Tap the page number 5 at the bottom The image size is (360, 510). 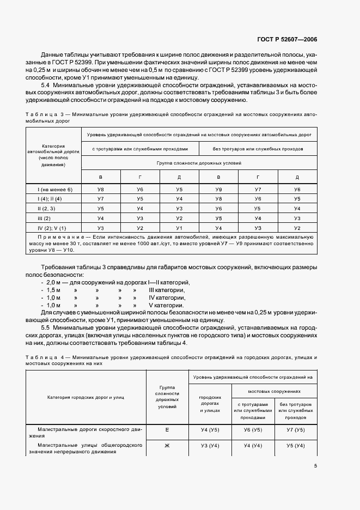[316, 466]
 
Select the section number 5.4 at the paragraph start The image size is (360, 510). [46, 86]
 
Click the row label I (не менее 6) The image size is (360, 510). [54, 189]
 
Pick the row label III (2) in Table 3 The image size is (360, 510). [54, 218]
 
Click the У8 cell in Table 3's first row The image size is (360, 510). [100, 189]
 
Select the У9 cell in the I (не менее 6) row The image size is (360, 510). [218, 189]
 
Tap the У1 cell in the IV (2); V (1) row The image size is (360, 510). [179, 228]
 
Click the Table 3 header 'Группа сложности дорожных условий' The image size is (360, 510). [199, 163]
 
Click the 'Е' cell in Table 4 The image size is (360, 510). [167, 430]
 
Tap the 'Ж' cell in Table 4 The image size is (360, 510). [167, 446]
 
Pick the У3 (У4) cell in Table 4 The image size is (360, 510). [210, 446]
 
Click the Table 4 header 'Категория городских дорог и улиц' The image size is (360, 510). [86, 397]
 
